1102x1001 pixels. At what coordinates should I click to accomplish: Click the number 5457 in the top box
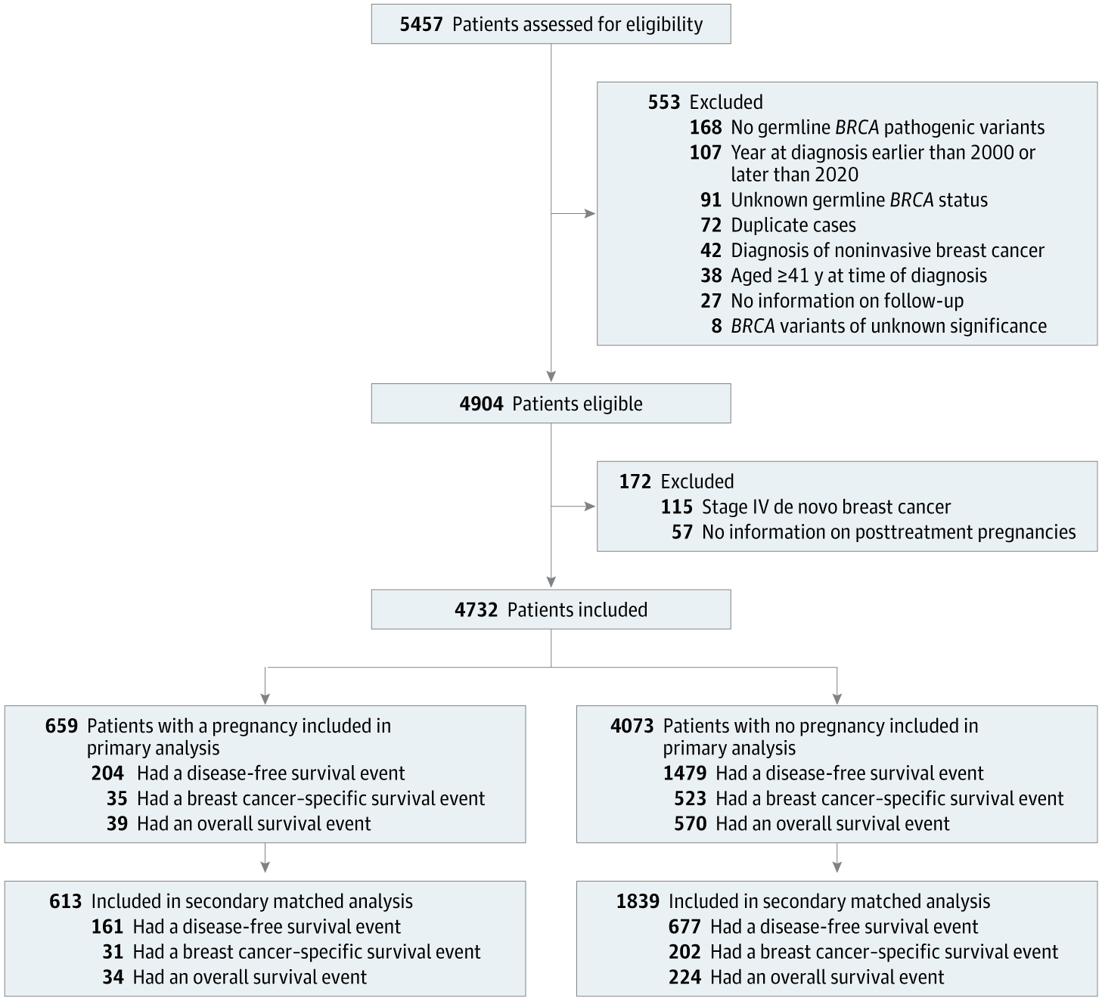pyautogui.click(x=421, y=24)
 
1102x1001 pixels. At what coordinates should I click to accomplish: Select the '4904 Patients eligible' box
pyautogui.click(x=551, y=404)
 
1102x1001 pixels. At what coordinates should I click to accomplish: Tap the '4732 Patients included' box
pyautogui.click(x=551, y=609)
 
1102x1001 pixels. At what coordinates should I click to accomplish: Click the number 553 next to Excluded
pyautogui.click(x=663, y=102)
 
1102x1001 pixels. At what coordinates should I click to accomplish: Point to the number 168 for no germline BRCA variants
pyautogui.click(x=705, y=127)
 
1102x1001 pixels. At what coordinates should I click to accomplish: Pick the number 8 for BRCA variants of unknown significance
pyautogui.click(x=716, y=326)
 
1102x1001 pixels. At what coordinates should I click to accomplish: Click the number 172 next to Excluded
pyautogui.click(x=635, y=482)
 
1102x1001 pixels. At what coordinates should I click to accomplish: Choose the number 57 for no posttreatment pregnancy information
pyautogui.click(x=681, y=532)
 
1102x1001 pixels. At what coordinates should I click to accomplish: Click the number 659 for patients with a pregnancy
pyautogui.click(x=61, y=726)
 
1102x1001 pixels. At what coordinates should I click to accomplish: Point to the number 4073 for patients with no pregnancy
pyautogui.click(x=632, y=726)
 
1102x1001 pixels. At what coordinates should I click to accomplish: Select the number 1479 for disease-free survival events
pyautogui.click(x=684, y=773)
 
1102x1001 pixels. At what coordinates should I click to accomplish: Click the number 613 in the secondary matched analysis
pyautogui.click(x=65, y=901)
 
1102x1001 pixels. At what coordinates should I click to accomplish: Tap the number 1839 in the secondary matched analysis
pyautogui.click(x=637, y=901)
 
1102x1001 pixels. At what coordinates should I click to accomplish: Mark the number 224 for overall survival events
pyautogui.click(x=684, y=977)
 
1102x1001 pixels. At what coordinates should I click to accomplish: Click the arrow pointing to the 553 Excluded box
pyautogui.click(x=589, y=214)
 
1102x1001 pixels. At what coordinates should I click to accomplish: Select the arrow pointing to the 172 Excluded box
pyautogui.click(x=589, y=506)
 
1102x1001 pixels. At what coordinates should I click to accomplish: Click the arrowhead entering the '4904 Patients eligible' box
pyautogui.click(x=551, y=377)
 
